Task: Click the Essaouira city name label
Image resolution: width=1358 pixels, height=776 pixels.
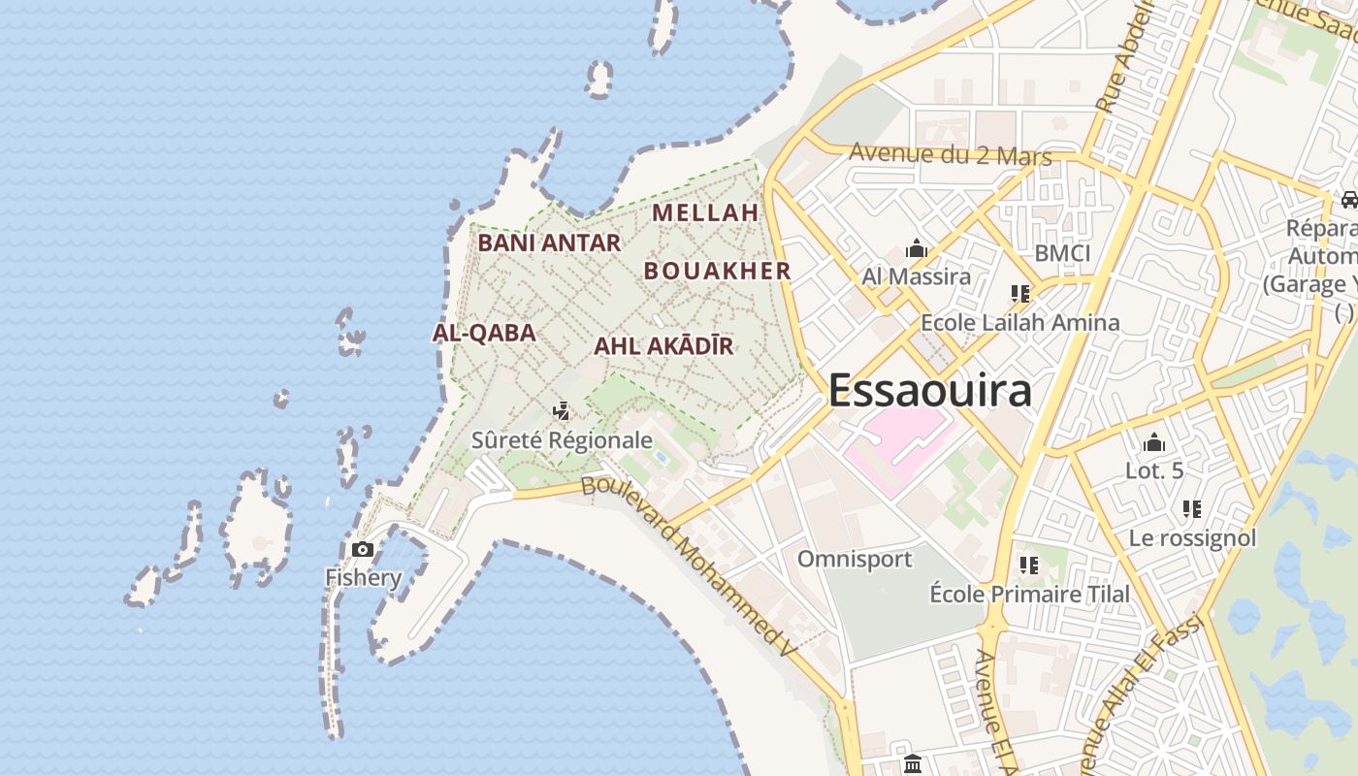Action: (x=929, y=390)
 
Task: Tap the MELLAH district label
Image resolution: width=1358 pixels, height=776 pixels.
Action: (x=705, y=212)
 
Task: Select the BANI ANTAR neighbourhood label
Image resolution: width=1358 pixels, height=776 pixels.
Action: (x=549, y=242)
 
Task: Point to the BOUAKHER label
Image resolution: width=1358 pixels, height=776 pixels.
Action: (x=718, y=271)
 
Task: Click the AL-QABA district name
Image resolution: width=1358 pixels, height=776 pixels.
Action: (x=484, y=333)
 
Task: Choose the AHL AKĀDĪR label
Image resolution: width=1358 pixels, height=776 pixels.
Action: (x=663, y=346)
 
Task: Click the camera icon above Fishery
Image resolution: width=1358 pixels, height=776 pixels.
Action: (x=363, y=550)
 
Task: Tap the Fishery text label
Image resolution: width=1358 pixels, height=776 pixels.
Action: (x=363, y=578)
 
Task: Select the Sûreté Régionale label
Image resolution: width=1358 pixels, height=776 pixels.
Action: (x=562, y=440)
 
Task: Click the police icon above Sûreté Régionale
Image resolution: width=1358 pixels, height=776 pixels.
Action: (x=561, y=411)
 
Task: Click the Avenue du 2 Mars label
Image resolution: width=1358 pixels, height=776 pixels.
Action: (x=950, y=153)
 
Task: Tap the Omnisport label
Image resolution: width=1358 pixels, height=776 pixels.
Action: (x=855, y=559)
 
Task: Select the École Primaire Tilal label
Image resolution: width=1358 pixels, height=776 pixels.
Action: (x=1029, y=594)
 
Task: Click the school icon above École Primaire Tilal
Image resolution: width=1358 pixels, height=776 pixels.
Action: (x=1029, y=565)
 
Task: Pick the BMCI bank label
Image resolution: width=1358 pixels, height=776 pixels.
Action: (x=1062, y=253)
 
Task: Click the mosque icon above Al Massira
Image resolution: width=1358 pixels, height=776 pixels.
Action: (x=916, y=249)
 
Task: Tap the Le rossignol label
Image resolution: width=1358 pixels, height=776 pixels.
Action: (x=1192, y=537)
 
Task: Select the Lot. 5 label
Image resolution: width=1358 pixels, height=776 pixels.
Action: (x=1154, y=471)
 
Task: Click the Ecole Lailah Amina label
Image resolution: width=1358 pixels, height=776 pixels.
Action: (x=1019, y=322)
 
